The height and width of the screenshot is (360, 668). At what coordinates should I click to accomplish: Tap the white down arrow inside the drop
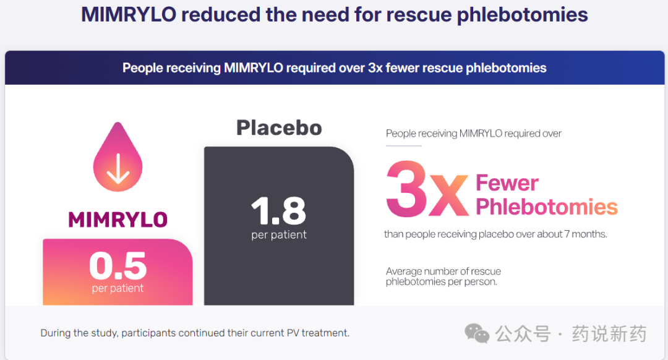[118, 169]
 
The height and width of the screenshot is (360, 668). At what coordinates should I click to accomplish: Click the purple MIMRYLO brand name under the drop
[118, 220]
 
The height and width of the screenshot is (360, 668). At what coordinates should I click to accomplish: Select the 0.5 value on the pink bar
[118, 265]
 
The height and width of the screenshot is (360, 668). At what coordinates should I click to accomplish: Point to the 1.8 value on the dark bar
[278, 210]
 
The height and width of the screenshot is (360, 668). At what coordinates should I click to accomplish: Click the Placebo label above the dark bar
[279, 128]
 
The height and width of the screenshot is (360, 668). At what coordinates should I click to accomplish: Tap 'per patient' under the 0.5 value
[118, 288]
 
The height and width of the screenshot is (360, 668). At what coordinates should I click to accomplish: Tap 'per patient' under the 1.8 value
[278, 235]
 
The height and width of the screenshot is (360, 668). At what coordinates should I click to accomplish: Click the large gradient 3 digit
[406, 189]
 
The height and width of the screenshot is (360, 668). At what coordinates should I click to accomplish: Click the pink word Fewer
[507, 183]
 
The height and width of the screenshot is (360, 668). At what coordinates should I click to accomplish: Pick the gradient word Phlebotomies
[547, 207]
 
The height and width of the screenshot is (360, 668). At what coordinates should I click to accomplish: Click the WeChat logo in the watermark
[477, 333]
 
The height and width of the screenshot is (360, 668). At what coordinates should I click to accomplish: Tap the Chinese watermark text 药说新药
[609, 333]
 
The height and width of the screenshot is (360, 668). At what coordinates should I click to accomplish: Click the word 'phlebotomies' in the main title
[522, 15]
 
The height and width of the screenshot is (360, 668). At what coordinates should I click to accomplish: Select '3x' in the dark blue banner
[376, 68]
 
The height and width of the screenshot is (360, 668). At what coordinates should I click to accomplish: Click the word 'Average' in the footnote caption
[403, 272]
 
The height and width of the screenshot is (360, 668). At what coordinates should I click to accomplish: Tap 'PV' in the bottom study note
[293, 333]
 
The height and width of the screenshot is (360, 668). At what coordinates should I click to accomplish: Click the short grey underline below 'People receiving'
[403, 146]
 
